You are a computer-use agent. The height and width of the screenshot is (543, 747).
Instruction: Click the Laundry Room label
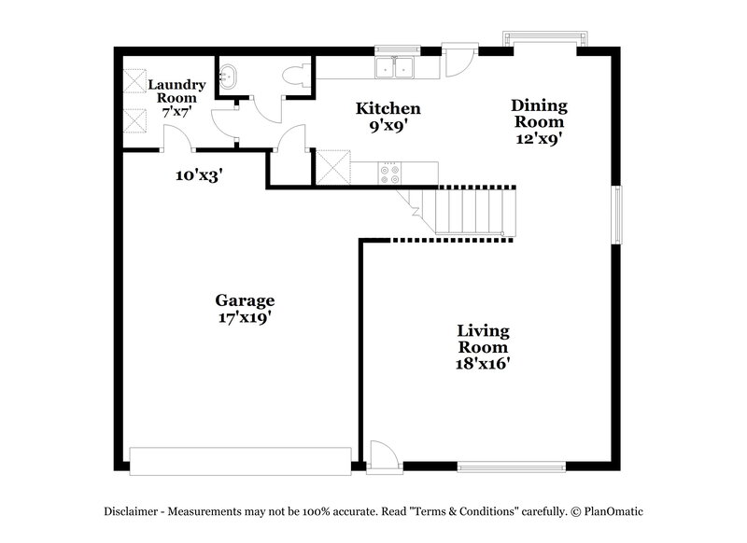176,90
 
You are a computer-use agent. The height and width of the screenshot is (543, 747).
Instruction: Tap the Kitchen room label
388,109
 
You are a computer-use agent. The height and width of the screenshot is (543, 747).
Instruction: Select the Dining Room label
537,114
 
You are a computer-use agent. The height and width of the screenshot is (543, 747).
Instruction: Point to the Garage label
245,300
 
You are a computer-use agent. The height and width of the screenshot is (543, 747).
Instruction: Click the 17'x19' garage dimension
245,317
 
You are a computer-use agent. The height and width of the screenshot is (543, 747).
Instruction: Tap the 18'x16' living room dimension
483,364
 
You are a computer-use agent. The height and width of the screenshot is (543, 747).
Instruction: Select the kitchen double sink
396,67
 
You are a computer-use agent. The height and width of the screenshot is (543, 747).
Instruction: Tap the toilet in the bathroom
298,77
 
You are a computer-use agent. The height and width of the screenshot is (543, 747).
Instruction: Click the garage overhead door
241,459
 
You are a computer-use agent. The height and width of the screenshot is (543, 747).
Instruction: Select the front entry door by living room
382,458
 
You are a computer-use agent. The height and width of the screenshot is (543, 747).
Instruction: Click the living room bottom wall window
512,464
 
